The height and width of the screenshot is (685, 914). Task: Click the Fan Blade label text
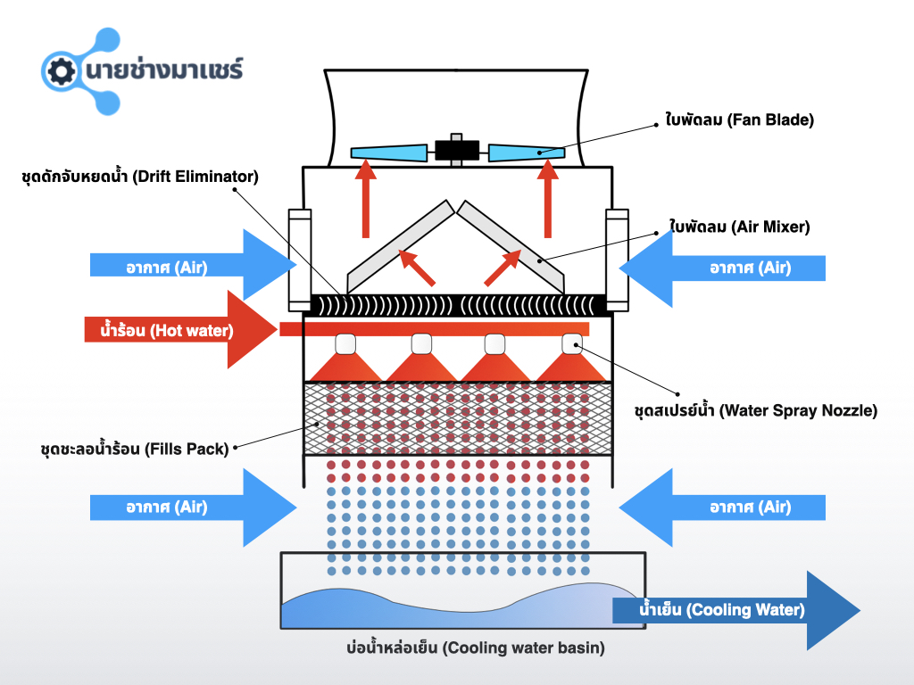pos(740,118)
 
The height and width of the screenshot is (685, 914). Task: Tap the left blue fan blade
pos(391,152)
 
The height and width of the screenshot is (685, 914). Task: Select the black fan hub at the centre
pos(457,149)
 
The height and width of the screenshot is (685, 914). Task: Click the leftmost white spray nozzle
pos(345,343)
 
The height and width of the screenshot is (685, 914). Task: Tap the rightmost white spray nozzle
pos(572,343)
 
